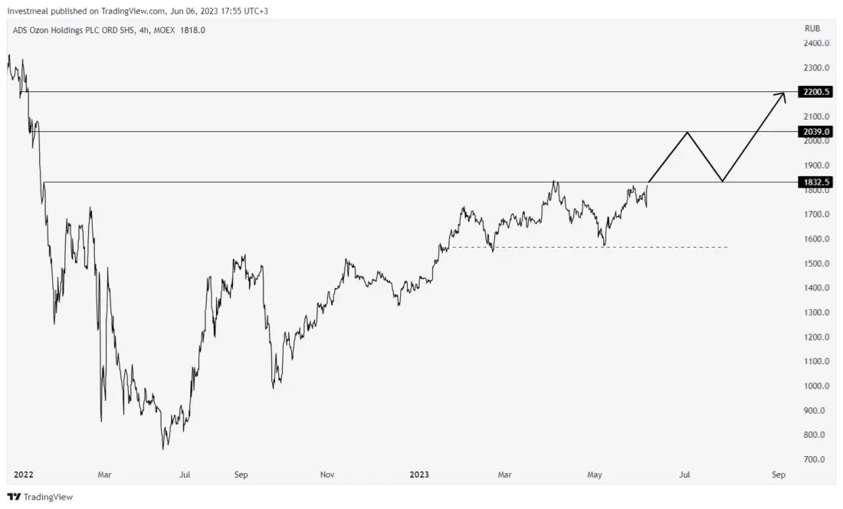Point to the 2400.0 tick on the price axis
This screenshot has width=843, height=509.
click(815, 44)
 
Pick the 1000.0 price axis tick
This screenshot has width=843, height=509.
click(815, 386)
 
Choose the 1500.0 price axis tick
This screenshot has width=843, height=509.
click(815, 264)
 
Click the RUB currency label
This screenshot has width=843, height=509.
click(812, 28)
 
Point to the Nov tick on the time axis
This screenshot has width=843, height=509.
click(327, 475)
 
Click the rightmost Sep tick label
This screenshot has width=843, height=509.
click(778, 475)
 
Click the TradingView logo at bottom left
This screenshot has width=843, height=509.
click(40, 497)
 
